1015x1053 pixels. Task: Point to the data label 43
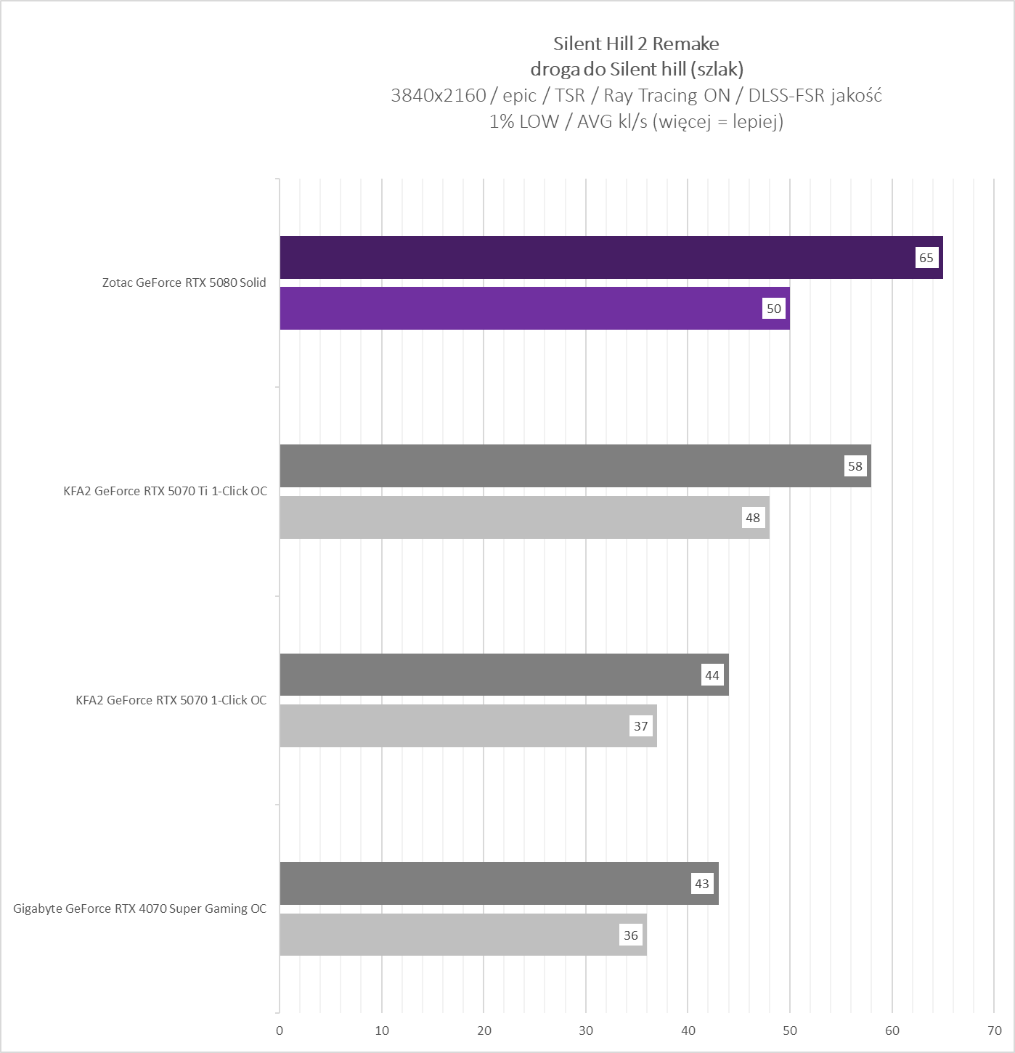pyautogui.click(x=702, y=884)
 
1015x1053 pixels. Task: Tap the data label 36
pyautogui.click(x=631, y=935)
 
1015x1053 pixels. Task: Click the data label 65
pyautogui.click(x=926, y=258)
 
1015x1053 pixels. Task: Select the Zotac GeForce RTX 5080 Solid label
pyautogui.click(x=184, y=282)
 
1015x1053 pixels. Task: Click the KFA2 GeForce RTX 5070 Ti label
pyautogui.click(x=166, y=491)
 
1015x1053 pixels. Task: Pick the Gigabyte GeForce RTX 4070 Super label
pyautogui.click(x=140, y=908)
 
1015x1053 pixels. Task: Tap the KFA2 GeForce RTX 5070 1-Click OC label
pyautogui.click(x=171, y=700)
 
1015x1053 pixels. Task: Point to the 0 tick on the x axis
pyautogui.click(x=280, y=1030)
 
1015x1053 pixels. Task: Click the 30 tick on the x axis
pyautogui.click(x=586, y=1030)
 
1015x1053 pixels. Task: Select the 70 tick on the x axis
pyautogui.click(x=995, y=1030)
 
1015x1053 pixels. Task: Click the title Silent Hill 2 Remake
pyautogui.click(x=636, y=44)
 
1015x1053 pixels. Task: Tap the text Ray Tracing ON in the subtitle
pyautogui.click(x=667, y=95)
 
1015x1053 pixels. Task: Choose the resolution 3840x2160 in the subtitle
pyautogui.click(x=438, y=95)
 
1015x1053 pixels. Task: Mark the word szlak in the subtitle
pyautogui.click(x=717, y=69)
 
